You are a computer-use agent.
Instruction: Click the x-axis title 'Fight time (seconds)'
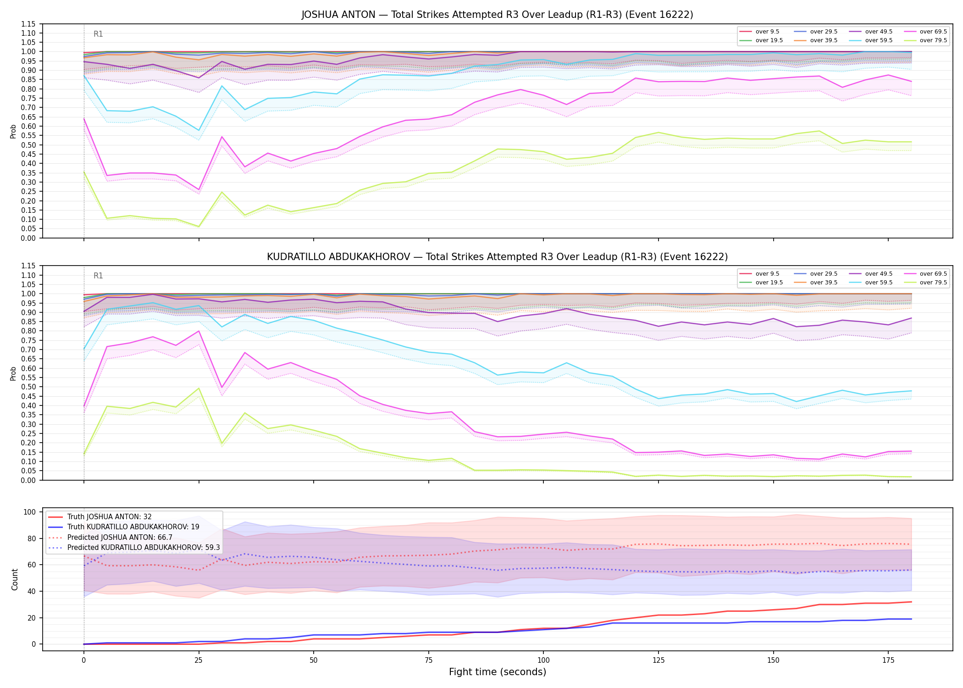[x=498, y=672]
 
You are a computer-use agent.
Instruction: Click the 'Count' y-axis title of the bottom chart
[x=15, y=579]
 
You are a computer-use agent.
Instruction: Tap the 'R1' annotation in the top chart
[x=98, y=34]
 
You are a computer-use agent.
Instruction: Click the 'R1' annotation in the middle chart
[x=98, y=276]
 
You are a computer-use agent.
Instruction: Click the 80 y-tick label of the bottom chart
[x=32, y=538]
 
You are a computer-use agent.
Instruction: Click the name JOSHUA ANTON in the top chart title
[x=338, y=15]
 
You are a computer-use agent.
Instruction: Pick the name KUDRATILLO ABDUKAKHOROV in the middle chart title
[x=338, y=257]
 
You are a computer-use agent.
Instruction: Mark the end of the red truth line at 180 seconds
[x=911, y=602]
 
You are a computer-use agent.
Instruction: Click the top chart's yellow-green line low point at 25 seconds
[x=199, y=227]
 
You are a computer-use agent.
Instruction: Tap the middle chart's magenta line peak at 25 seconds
[x=199, y=331]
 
